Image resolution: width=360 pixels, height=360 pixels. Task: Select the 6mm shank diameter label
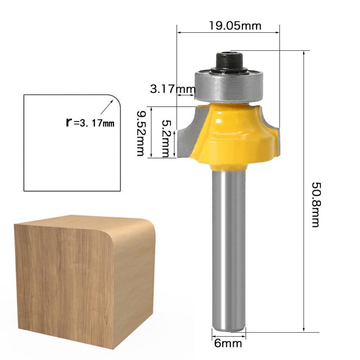click(228, 343)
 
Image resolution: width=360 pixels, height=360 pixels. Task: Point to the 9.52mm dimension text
click(141, 133)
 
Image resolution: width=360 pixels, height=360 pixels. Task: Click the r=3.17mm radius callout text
click(90, 123)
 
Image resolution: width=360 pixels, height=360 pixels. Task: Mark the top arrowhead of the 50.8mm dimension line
click(304, 53)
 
